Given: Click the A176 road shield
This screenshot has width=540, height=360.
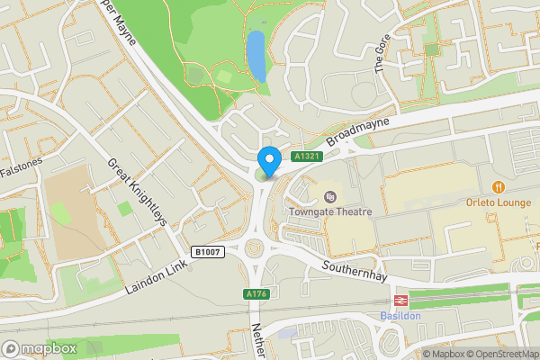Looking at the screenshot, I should [x=255, y=294].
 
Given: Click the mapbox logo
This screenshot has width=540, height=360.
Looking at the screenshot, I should [x=40, y=348].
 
